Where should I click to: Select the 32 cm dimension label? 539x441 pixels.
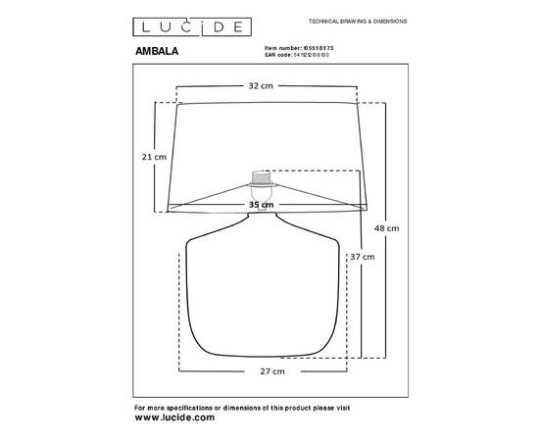coord(260,86)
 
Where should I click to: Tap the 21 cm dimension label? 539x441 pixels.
coord(154,157)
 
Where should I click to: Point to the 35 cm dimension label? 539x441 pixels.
coord(260,205)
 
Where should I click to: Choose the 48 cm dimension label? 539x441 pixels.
coord(387,229)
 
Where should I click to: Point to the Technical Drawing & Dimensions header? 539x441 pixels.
coord(358,21)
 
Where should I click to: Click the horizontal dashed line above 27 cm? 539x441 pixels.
coord(265,361)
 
